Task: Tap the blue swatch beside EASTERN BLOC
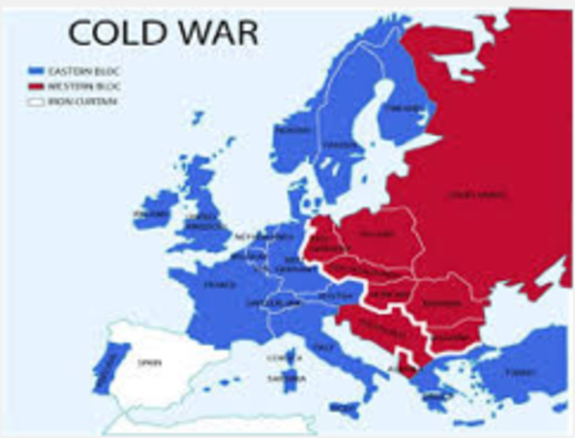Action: point(36,68)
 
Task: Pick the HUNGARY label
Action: point(388,297)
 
